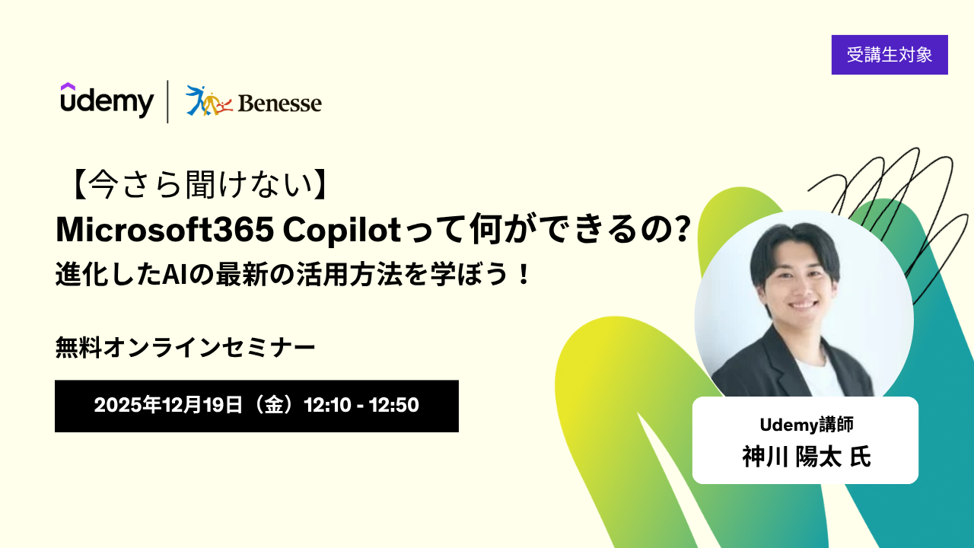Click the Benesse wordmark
(279, 104)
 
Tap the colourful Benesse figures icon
(209, 101)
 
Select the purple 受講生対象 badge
(890, 55)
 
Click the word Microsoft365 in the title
(165, 230)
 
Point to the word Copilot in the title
(342, 230)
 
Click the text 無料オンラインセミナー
(185, 348)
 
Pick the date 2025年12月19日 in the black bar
(168, 405)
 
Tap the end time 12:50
(394, 405)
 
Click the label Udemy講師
(807, 425)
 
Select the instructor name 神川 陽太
(791, 457)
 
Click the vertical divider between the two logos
(168, 101)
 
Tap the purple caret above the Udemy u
(68, 86)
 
